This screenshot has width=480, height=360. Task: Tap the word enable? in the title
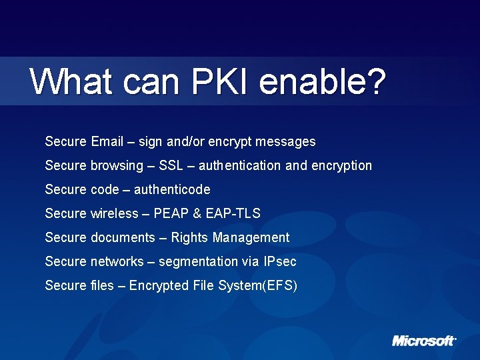tap(323, 82)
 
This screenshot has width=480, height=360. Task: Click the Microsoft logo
tap(424, 341)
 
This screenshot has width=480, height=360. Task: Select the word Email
tap(107, 141)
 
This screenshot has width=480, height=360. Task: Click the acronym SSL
tap(172, 165)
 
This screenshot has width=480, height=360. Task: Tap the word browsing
tap(117, 165)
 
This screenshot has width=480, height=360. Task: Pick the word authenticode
tap(172, 189)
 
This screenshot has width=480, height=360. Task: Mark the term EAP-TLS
tap(233, 213)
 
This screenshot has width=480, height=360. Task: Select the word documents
tap(122, 237)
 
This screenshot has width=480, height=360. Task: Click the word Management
tap(252, 237)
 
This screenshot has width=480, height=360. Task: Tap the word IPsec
tap(280, 261)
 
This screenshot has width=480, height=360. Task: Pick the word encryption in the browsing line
tap(341, 165)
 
